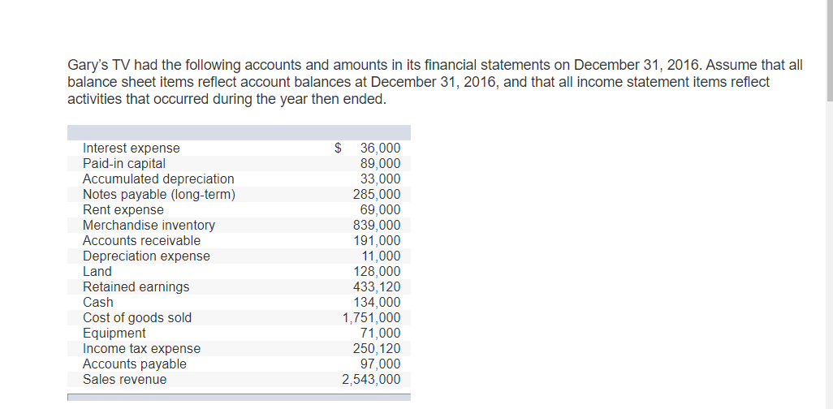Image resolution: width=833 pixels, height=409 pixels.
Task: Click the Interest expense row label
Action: coord(132,148)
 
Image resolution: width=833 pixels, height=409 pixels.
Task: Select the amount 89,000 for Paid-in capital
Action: coord(380,163)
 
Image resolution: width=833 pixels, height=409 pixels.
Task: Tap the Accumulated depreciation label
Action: coord(158,179)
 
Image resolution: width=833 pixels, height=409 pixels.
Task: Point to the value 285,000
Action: coord(377,194)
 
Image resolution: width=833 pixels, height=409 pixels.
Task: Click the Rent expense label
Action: coord(123,209)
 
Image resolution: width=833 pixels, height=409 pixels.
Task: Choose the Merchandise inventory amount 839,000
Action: coord(377,225)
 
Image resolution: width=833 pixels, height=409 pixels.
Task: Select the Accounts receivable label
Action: coord(141,240)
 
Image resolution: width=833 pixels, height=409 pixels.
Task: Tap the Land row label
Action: coord(97,271)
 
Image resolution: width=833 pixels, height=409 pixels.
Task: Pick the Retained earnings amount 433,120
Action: coord(377,286)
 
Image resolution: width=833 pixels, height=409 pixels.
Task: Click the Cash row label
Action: coord(98,302)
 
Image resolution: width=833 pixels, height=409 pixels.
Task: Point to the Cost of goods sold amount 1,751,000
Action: coord(371,317)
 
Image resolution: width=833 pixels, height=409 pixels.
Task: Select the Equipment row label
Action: coord(114,333)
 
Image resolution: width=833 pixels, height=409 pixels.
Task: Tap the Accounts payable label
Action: coord(135,364)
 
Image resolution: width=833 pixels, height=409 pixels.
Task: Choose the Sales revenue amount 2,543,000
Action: coord(371,379)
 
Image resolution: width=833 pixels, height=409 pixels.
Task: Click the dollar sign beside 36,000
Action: coord(339,148)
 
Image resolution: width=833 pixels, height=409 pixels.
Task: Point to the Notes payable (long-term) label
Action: coord(159,194)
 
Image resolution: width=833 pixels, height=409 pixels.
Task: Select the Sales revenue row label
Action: coord(124,379)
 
